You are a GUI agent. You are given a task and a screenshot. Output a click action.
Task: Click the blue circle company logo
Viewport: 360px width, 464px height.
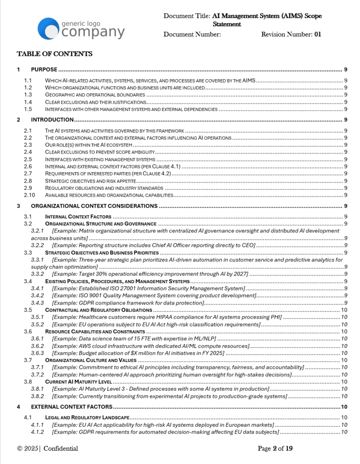49,27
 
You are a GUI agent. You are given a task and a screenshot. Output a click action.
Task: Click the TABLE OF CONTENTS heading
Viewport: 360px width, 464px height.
54,54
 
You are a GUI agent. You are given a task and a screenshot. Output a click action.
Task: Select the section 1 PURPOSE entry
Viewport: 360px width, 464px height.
44,70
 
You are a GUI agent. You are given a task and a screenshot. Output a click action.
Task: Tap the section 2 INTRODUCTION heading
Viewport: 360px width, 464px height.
52,120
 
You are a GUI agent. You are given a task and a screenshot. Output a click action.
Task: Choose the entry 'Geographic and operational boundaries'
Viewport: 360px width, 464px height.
95,95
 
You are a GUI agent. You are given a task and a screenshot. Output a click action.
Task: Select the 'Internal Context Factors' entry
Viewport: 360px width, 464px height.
78,217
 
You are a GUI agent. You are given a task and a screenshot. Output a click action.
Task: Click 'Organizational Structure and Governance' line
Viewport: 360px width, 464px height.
101,223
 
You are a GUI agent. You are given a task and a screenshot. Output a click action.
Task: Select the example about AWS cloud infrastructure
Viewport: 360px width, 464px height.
150,346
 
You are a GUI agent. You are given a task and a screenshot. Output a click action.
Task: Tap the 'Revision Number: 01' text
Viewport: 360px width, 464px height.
291,34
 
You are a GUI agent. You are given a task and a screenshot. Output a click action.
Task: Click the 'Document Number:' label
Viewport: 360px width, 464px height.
192,34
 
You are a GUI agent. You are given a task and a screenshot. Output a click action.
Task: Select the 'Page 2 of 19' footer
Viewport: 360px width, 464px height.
275,449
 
